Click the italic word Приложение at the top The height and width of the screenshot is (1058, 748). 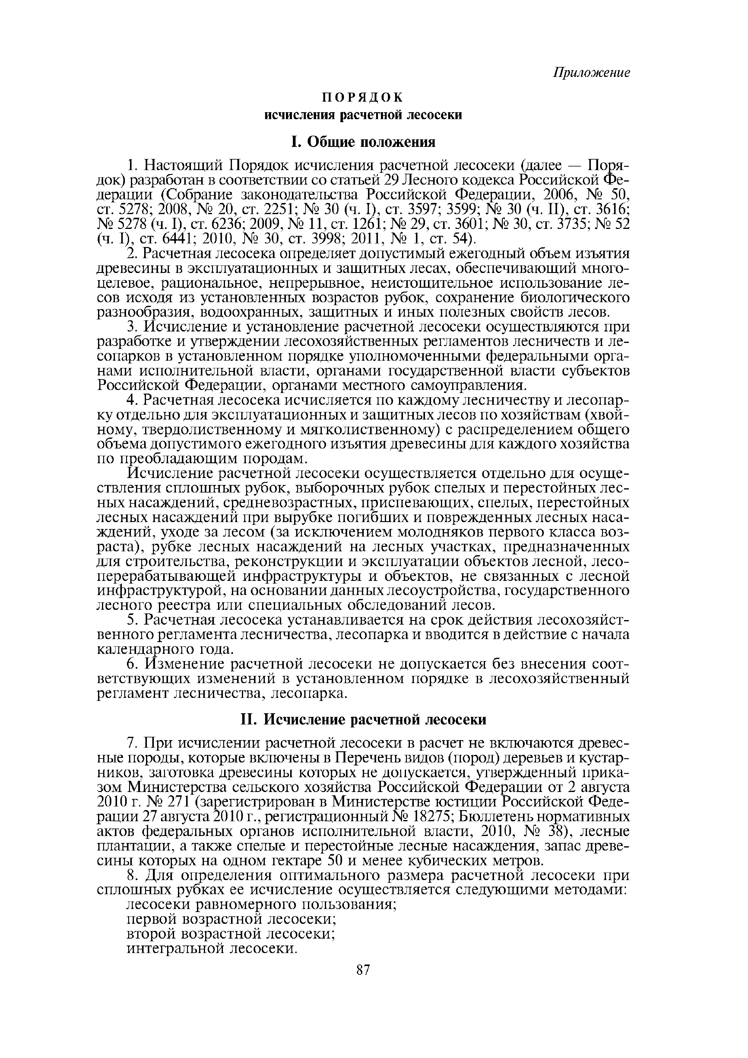tap(591, 73)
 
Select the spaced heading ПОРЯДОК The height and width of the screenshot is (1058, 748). tap(362, 97)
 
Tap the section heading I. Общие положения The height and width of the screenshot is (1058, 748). tap(363, 142)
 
